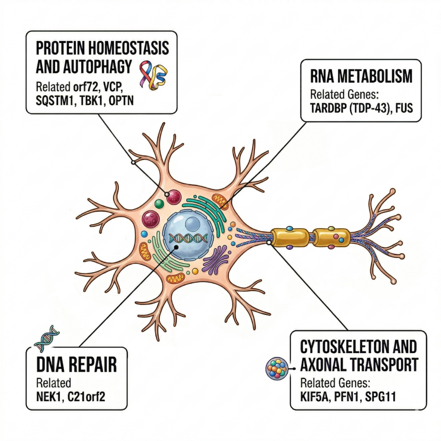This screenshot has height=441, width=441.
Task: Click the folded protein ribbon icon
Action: point(153,74)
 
